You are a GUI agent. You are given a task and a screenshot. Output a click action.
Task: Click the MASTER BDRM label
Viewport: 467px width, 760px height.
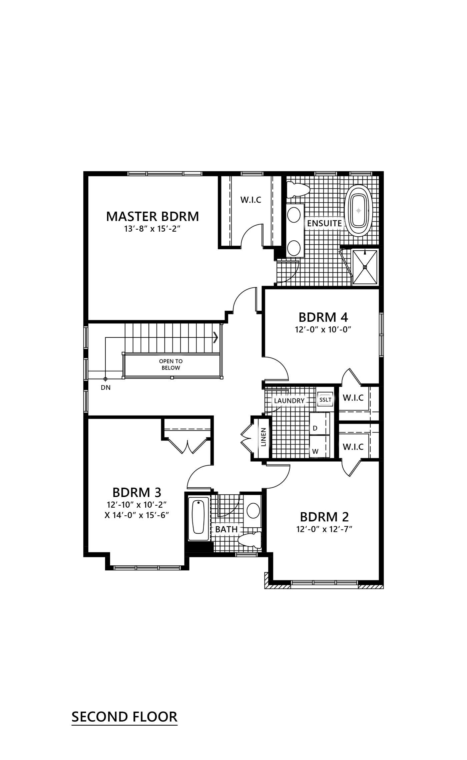click(x=152, y=216)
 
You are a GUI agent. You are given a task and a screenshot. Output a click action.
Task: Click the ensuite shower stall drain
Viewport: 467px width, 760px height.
click(x=365, y=267)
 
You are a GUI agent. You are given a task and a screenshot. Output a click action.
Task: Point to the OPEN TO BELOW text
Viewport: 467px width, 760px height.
click(x=171, y=364)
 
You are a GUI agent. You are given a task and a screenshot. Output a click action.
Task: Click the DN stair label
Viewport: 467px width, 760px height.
click(x=105, y=388)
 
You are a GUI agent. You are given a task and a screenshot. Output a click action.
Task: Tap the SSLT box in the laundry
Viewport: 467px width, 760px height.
click(x=325, y=399)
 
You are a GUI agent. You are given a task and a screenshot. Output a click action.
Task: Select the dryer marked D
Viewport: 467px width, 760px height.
click(x=320, y=424)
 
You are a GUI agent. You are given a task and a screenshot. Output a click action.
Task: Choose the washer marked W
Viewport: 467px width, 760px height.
click(x=320, y=446)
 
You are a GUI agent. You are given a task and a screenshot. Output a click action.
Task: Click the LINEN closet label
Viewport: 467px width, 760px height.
click(x=264, y=437)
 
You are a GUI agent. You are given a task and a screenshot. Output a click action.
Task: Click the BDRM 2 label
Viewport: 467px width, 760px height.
click(x=324, y=517)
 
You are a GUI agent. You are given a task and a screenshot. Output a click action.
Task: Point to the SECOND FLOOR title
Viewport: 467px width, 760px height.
click(x=124, y=717)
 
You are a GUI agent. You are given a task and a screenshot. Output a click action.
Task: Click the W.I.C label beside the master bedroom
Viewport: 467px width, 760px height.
click(x=251, y=200)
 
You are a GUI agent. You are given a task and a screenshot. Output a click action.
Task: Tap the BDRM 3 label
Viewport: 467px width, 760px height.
click(x=137, y=492)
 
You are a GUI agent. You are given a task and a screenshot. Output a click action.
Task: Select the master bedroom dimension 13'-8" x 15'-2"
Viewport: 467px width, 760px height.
click(x=152, y=229)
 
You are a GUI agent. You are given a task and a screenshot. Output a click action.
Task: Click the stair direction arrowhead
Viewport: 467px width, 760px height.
click(x=216, y=337)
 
